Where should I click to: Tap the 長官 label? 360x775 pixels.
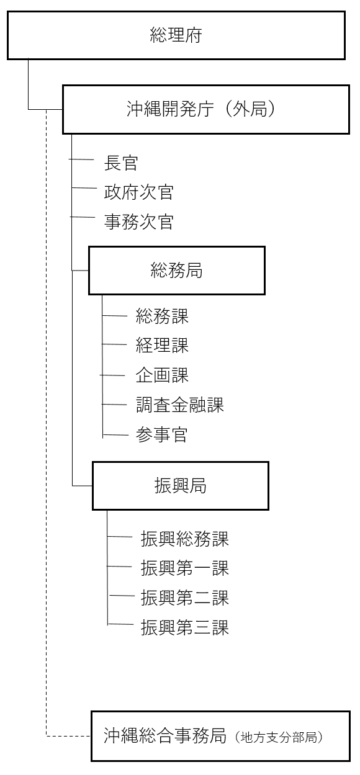[121, 163]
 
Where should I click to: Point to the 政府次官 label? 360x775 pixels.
[139, 192]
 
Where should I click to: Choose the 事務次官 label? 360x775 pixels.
[139, 222]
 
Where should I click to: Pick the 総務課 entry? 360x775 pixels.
[162, 316]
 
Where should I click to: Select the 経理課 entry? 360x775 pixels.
[162, 345]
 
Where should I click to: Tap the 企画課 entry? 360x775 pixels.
[162, 375]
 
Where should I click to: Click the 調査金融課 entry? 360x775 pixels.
[180, 405]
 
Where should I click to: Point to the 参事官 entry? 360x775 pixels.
[161, 435]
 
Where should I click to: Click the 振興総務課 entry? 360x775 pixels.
[185, 539]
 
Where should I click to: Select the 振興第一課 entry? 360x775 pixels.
[185, 568]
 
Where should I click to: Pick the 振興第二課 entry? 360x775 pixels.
[185, 598]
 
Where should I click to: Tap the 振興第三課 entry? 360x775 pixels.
[185, 627]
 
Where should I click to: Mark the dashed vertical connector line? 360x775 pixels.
[47, 423]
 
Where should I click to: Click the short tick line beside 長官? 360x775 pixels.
[81, 159]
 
